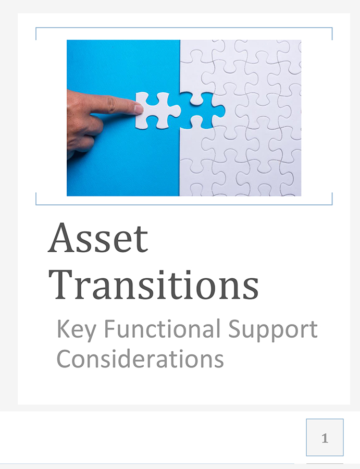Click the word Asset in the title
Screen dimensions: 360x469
click(x=98, y=238)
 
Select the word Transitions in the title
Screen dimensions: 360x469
click(x=153, y=285)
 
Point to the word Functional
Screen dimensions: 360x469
click(x=163, y=328)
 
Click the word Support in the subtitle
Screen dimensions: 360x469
click(x=272, y=330)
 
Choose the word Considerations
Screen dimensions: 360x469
click(x=140, y=358)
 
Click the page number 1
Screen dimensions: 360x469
click(x=325, y=438)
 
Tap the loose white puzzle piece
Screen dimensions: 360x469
click(x=157, y=110)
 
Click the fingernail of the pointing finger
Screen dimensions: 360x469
click(x=139, y=109)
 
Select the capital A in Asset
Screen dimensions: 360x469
click(x=61, y=238)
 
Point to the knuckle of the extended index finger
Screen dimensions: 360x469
click(x=112, y=103)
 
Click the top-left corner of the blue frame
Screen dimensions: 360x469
click(x=36, y=28)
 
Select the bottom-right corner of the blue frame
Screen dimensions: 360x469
click(x=332, y=205)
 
